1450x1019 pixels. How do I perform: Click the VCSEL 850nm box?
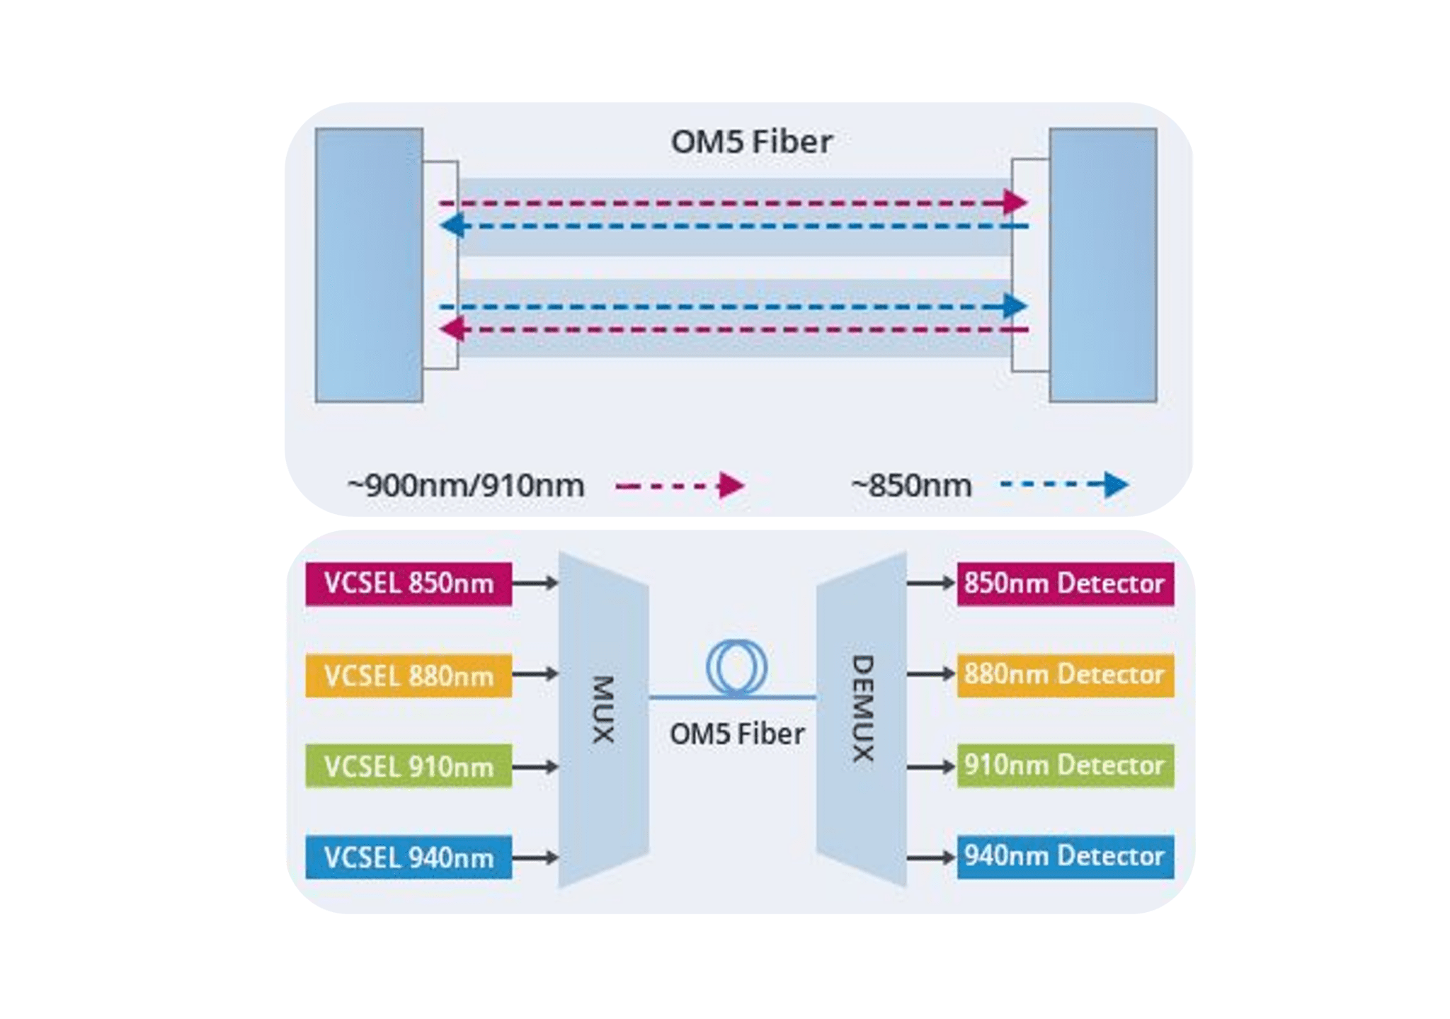pyautogui.click(x=409, y=583)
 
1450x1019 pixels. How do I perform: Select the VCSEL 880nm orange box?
pyautogui.click(x=409, y=676)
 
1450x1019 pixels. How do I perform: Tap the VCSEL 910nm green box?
pyautogui.click(x=409, y=766)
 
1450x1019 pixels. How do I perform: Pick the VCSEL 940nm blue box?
pyautogui.click(x=409, y=858)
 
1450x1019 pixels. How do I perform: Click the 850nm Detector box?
pyautogui.click(x=1065, y=583)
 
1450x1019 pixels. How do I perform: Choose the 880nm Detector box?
pyautogui.click(x=1065, y=675)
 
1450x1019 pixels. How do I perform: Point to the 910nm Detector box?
pyautogui.click(x=1065, y=765)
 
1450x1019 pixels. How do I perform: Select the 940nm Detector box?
pyautogui.click(x=1065, y=857)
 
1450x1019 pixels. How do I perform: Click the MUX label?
pyautogui.click(x=603, y=709)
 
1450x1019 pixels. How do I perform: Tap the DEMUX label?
pyautogui.click(x=862, y=708)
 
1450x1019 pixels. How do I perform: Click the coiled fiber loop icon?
pyautogui.click(x=736, y=667)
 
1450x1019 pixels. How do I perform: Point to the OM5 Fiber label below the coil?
pyautogui.click(x=736, y=734)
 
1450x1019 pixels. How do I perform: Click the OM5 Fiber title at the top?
pyautogui.click(x=751, y=142)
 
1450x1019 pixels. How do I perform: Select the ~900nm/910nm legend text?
pyautogui.click(x=466, y=486)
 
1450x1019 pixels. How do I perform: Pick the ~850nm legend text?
pyautogui.click(x=911, y=486)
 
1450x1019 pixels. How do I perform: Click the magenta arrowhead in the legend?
pyautogui.click(x=731, y=486)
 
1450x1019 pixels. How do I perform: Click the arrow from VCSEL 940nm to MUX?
pyautogui.click(x=535, y=858)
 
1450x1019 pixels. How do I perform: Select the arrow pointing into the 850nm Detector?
pyautogui.click(x=931, y=583)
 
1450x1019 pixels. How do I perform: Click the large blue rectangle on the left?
pyautogui.click(x=369, y=265)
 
